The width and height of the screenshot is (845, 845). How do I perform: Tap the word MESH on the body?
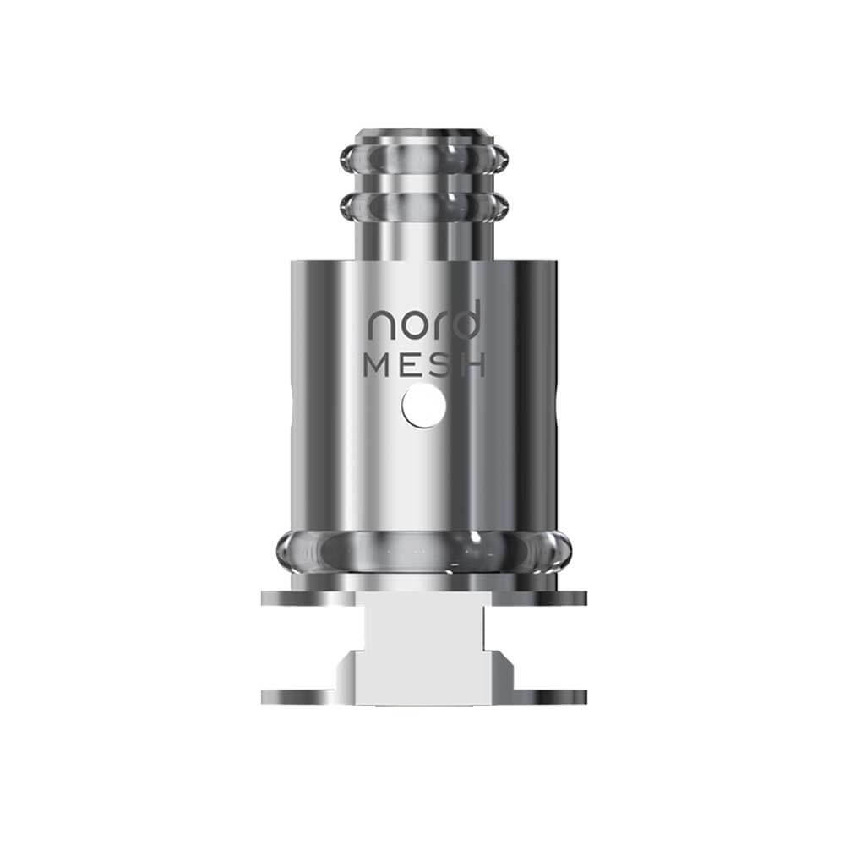point(424,366)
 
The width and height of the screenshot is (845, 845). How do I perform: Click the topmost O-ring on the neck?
point(422,158)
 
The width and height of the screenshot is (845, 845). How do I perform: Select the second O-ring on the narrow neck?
point(422,203)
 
